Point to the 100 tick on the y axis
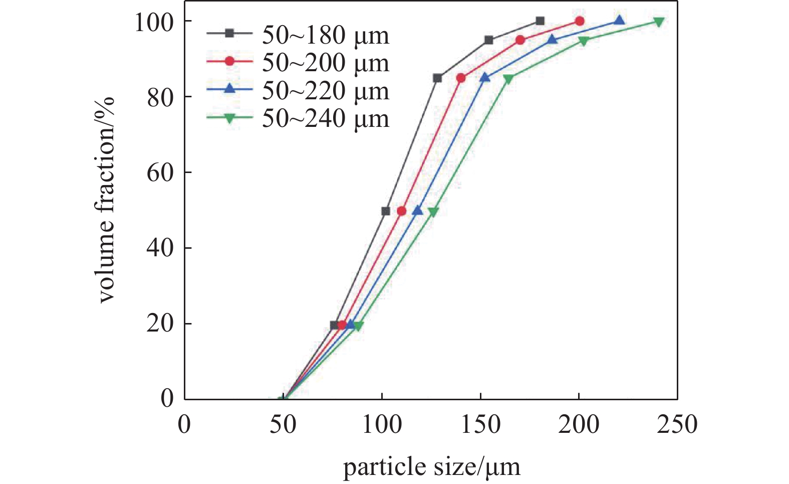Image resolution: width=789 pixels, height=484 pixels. (x=154, y=22)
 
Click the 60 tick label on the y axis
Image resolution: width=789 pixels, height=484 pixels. (x=160, y=173)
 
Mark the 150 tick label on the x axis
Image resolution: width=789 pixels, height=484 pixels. (x=480, y=425)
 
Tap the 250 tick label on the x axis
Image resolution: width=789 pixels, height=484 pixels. (x=677, y=425)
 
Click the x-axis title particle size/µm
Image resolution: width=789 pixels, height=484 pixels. (x=431, y=467)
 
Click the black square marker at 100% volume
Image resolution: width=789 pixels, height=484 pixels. (x=540, y=21)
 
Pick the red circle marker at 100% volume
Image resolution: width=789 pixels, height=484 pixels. (x=580, y=21)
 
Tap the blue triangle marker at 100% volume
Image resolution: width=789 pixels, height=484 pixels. (x=619, y=21)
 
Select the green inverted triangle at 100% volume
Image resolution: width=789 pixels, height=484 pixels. (x=659, y=22)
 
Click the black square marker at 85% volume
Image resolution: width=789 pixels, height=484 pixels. (x=437, y=78)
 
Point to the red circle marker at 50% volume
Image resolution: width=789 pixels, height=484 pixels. (x=401, y=211)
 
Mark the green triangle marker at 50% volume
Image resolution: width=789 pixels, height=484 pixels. (x=433, y=212)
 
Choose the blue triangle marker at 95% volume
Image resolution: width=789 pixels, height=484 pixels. (x=552, y=39)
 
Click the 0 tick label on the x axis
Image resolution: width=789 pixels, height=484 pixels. (x=184, y=425)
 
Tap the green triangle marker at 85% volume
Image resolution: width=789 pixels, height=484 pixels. (x=508, y=79)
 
